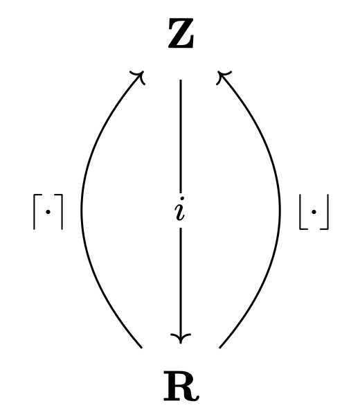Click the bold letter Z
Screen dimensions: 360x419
(x=181, y=34)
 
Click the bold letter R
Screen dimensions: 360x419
(x=181, y=386)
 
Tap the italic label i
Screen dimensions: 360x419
(x=180, y=209)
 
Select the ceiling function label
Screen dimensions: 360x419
(x=48, y=212)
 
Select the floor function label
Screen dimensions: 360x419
(x=314, y=212)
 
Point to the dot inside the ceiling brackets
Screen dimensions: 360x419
(x=48, y=212)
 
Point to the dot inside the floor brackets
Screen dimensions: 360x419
(x=314, y=212)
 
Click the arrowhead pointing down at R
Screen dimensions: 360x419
(x=181, y=338)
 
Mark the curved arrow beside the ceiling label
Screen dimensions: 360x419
(x=82, y=209)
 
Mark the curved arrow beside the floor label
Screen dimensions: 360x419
(x=280, y=209)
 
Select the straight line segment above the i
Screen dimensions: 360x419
(x=181, y=136)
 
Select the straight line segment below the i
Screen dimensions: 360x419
(x=181, y=285)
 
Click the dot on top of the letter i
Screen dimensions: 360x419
(x=182, y=199)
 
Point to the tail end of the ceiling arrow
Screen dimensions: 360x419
(x=141, y=348)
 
